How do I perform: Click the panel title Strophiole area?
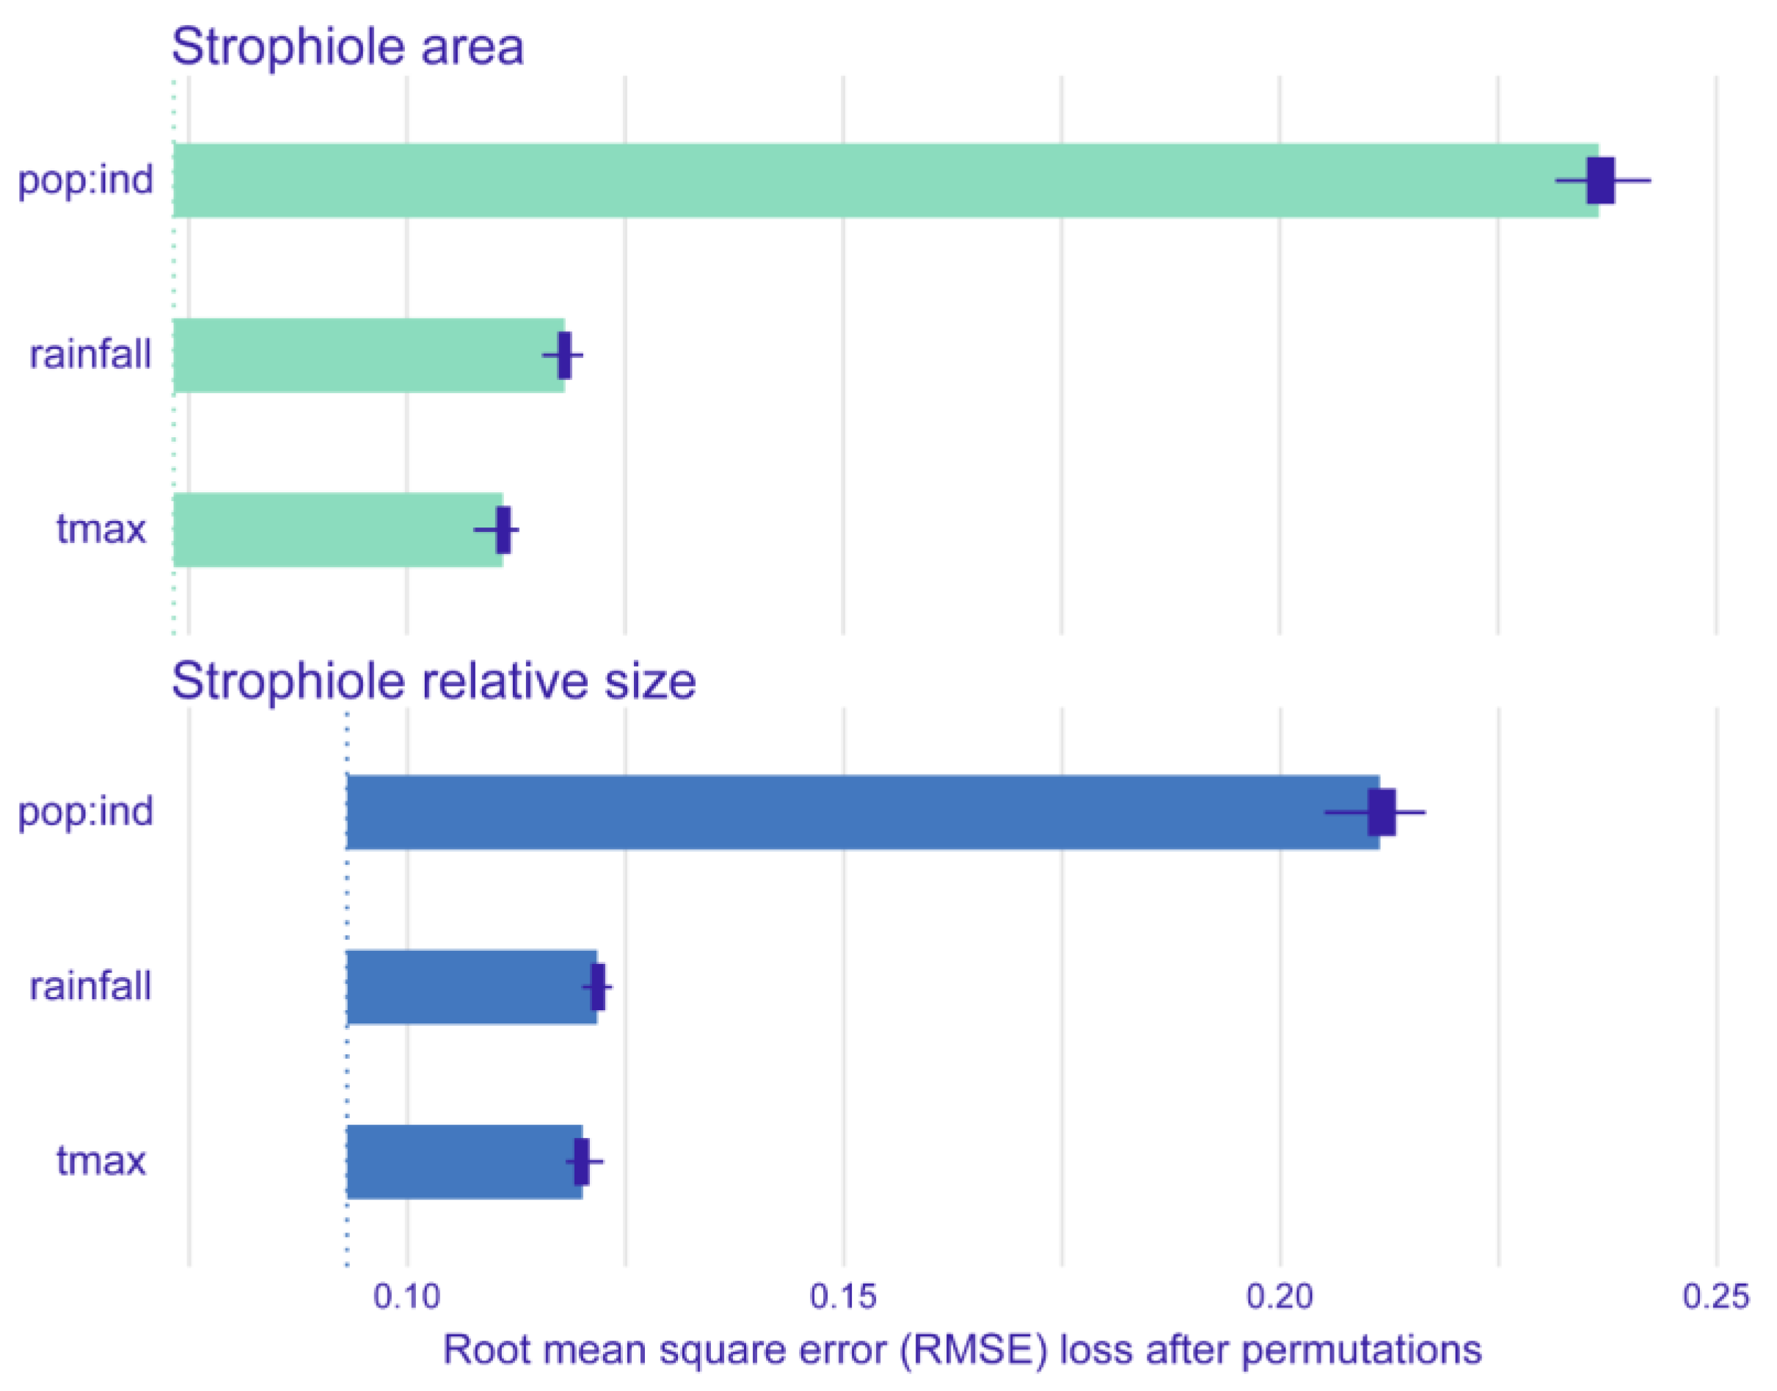(348, 47)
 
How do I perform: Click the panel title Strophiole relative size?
(434, 681)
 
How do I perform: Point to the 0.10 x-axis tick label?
(406, 1296)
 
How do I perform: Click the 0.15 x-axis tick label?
(843, 1296)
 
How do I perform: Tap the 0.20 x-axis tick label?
(1280, 1296)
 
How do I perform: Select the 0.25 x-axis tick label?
(1716, 1296)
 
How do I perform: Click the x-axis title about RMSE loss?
(962, 1350)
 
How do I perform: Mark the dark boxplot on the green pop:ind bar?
(1600, 180)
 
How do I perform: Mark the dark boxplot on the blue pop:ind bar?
(1382, 812)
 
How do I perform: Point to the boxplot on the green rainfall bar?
(564, 355)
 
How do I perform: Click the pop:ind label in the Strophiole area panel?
(86, 180)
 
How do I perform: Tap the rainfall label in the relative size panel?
(90, 986)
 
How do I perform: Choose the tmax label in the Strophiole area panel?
(101, 530)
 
